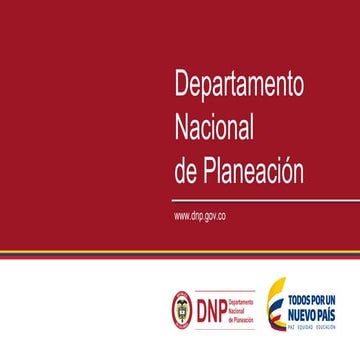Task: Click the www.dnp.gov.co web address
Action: pyautogui.click(x=199, y=215)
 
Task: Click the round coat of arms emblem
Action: pyautogui.click(x=181, y=306)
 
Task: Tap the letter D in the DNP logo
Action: pyautogui.click(x=196, y=306)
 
